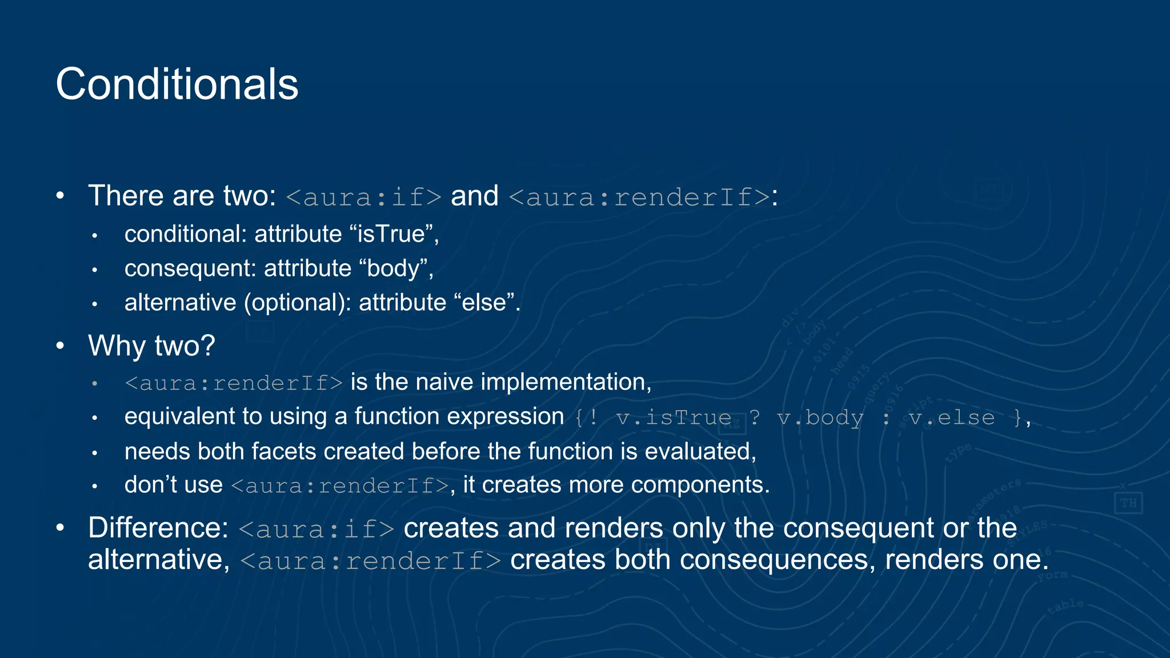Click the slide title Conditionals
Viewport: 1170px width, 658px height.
177,85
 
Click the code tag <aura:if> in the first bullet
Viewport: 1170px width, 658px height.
363,197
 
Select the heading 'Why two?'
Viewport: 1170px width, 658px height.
151,346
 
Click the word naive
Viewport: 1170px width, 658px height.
444,382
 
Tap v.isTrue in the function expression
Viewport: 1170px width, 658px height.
674,418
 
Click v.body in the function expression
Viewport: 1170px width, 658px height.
820,418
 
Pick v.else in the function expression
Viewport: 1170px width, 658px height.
952,418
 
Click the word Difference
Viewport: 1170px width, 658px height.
158,528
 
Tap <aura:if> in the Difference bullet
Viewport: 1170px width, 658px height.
316,529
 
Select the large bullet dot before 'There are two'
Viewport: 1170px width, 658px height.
61,196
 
